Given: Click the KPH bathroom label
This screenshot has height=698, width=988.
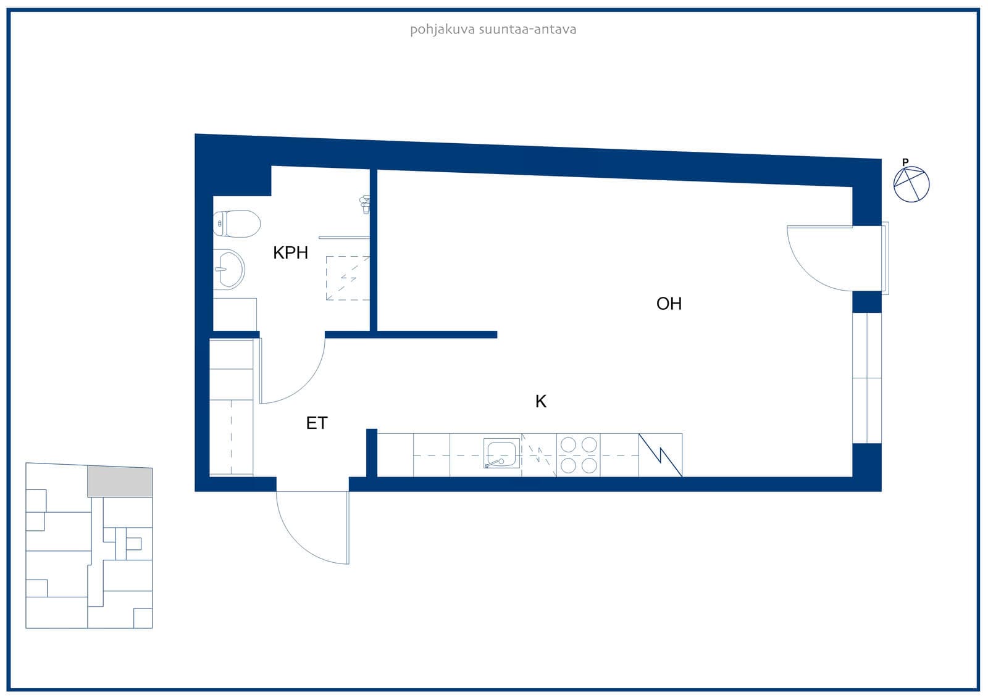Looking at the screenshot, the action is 290,252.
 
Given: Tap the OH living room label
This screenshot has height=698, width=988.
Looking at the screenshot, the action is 669,304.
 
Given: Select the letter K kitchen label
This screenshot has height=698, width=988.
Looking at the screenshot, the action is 541,401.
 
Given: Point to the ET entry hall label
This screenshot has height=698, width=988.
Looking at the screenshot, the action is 317,423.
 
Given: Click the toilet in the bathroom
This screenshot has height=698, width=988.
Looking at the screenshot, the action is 237,223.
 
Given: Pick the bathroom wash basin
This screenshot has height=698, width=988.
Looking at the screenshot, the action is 229,269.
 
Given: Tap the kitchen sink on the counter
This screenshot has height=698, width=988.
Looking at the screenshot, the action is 502,453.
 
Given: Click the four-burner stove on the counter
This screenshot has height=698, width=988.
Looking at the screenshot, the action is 578,455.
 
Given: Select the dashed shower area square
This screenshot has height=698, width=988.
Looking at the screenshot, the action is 348,278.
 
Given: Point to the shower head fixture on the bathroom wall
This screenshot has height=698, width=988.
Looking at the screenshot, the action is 365,205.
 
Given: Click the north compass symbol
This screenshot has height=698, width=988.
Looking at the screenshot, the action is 911,185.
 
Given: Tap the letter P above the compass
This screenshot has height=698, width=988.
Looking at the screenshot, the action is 905,162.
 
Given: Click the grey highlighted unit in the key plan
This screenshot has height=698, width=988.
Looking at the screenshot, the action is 120,481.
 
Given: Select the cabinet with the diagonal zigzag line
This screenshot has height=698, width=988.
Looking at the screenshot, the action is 660,455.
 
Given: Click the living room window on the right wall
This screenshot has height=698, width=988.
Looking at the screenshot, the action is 867,378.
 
